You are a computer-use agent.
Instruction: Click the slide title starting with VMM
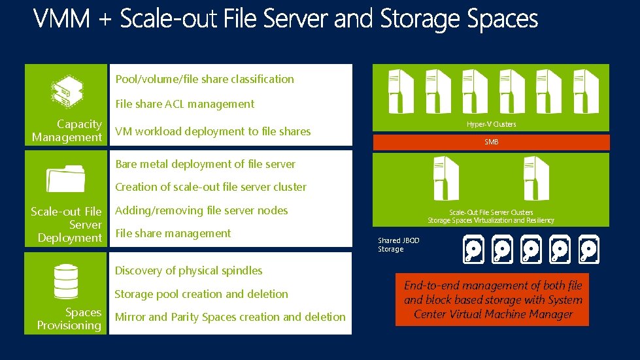(286, 19)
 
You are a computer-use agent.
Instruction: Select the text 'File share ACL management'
(184, 104)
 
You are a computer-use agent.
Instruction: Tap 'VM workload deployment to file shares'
(212, 131)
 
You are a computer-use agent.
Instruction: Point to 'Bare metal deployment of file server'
(205, 164)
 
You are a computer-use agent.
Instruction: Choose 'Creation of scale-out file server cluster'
(211, 187)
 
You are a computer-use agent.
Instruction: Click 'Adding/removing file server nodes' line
(201, 210)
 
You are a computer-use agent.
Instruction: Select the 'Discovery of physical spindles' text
(188, 270)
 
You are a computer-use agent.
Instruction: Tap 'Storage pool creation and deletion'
(201, 294)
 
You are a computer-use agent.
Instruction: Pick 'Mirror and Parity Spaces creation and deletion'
(230, 317)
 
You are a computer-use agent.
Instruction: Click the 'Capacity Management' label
(67, 131)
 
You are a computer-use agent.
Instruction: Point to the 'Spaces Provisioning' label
(69, 319)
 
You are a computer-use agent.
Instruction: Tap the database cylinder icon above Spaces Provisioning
(66, 281)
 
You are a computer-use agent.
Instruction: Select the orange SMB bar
(490, 142)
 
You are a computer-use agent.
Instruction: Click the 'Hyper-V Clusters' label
(491, 124)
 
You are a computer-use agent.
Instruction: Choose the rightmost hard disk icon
(588, 249)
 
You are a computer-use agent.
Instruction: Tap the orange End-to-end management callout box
(492, 300)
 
